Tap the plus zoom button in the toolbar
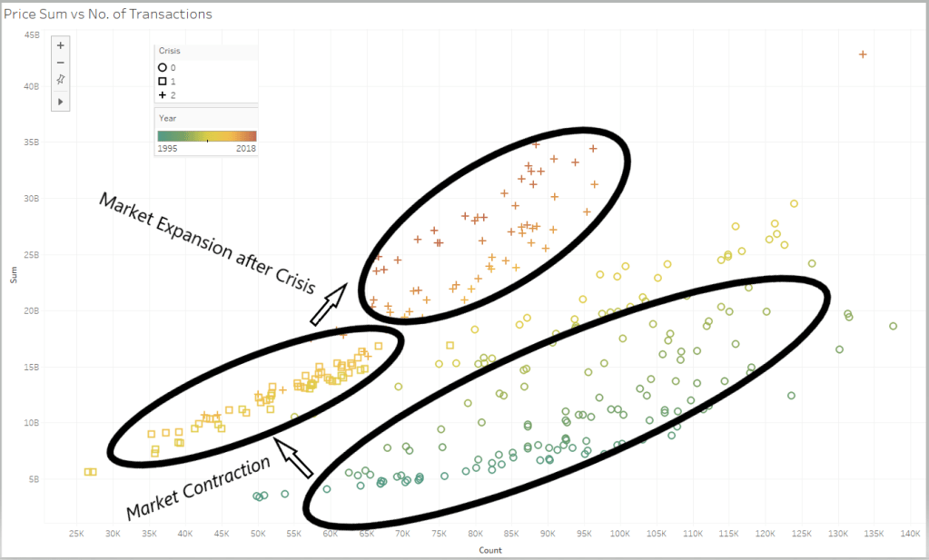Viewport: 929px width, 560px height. tap(61, 44)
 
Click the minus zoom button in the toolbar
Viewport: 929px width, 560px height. tap(61, 63)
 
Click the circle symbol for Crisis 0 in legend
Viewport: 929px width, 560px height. tap(162, 67)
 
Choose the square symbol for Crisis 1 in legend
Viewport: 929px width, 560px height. tap(162, 81)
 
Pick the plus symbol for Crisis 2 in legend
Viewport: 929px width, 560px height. tap(162, 94)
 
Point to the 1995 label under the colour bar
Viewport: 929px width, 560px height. tap(168, 148)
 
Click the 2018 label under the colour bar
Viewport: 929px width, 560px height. tap(246, 148)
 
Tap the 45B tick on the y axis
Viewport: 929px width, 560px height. tap(32, 35)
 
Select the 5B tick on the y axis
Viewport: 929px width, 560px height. tap(34, 479)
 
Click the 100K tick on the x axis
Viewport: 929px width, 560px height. tap(620, 534)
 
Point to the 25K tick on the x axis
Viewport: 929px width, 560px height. tap(76, 534)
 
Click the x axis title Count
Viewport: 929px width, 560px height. tap(491, 550)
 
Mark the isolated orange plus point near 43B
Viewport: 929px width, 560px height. tap(863, 54)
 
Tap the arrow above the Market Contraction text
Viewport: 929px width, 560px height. tap(294, 457)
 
